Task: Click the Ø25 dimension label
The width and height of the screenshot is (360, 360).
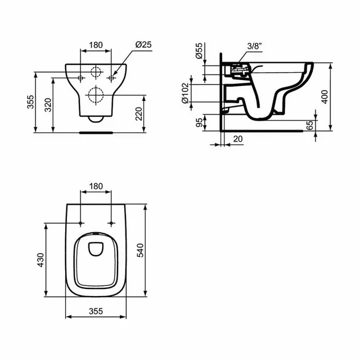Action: [142, 45]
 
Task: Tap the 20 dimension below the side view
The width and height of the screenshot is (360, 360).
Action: [239, 139]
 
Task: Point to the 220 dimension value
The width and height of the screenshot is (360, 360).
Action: [139, 113]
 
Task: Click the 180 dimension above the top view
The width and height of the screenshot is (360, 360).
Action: [96, 186]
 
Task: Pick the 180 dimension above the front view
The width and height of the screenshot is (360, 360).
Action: [96, 45]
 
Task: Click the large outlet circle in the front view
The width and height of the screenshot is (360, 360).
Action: [96, 94]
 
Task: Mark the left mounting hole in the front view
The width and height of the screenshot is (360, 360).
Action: [80, 78]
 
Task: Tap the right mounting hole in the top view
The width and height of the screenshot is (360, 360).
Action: [111, 224]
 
